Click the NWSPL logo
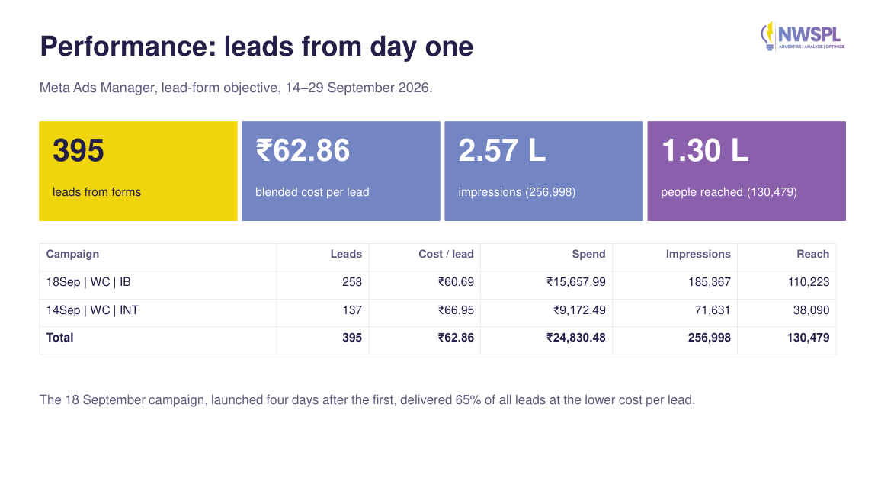point(803,37)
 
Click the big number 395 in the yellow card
point(79,150)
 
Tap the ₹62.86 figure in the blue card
point(303,150)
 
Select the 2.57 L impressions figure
point(501,150)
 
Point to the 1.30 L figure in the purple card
point(704,150)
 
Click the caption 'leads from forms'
point(97,192)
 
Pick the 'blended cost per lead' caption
point(312,192)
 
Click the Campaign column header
point(73,255)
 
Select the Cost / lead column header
point(447,255)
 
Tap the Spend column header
point(588,255)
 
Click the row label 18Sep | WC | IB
point(88,282)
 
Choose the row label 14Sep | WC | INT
point(92,310)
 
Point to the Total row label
point(60,337)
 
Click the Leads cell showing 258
point(352,282)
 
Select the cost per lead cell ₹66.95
point(456,310)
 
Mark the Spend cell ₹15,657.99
point(576,282)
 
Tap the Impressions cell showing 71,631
point(713,310)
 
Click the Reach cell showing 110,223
point(809,282)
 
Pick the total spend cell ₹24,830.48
point(576,337)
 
